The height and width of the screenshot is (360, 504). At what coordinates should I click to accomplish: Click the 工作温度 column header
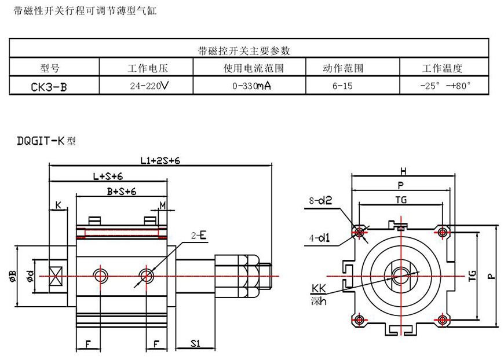443,68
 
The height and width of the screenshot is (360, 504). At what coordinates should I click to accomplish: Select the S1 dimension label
195,343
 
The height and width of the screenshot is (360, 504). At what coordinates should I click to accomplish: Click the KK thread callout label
319,288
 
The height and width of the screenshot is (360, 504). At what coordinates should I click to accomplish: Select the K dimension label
58,205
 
